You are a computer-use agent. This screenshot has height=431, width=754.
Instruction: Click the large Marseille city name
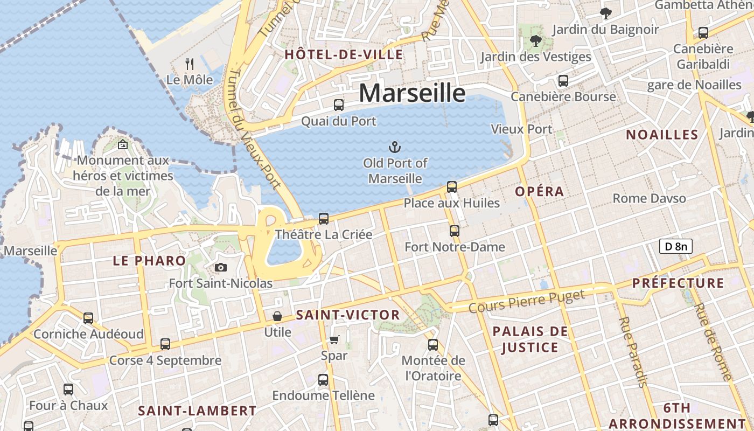click(412, 93)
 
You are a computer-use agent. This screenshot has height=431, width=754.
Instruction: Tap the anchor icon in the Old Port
click(395, 147)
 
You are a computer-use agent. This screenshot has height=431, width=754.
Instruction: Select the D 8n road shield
click(675, 247)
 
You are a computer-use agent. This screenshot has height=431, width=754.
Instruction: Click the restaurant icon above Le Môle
click(190, 64)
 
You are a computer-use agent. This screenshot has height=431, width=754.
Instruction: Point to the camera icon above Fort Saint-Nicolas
click(220, 267)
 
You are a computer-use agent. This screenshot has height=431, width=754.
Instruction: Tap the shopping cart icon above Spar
click(334, 339)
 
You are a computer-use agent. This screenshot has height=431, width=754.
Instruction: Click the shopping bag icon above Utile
click(277, 316)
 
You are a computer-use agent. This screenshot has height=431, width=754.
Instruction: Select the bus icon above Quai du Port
click(338, 105)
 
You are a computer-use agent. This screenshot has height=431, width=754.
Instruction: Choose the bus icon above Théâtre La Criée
click(323, 218)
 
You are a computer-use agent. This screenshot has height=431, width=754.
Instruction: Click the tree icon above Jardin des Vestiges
click(535, 40)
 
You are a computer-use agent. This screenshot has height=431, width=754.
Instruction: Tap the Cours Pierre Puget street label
click(526, 302)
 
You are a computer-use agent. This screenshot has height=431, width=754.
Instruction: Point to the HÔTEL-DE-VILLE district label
click(344, 54)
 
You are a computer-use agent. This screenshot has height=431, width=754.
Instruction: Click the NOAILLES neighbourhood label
click(662, 135)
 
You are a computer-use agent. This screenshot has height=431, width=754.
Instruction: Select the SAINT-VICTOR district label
click(348, 315)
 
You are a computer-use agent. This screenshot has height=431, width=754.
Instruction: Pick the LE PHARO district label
click(149, 261)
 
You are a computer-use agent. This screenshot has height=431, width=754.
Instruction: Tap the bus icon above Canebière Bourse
click(563, 81)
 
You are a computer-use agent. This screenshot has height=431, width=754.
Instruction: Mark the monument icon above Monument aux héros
click(123, 144)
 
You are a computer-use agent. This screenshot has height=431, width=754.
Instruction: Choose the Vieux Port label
click(521, 129)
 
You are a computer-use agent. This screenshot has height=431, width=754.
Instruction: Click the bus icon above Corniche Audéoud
click(88, 318)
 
